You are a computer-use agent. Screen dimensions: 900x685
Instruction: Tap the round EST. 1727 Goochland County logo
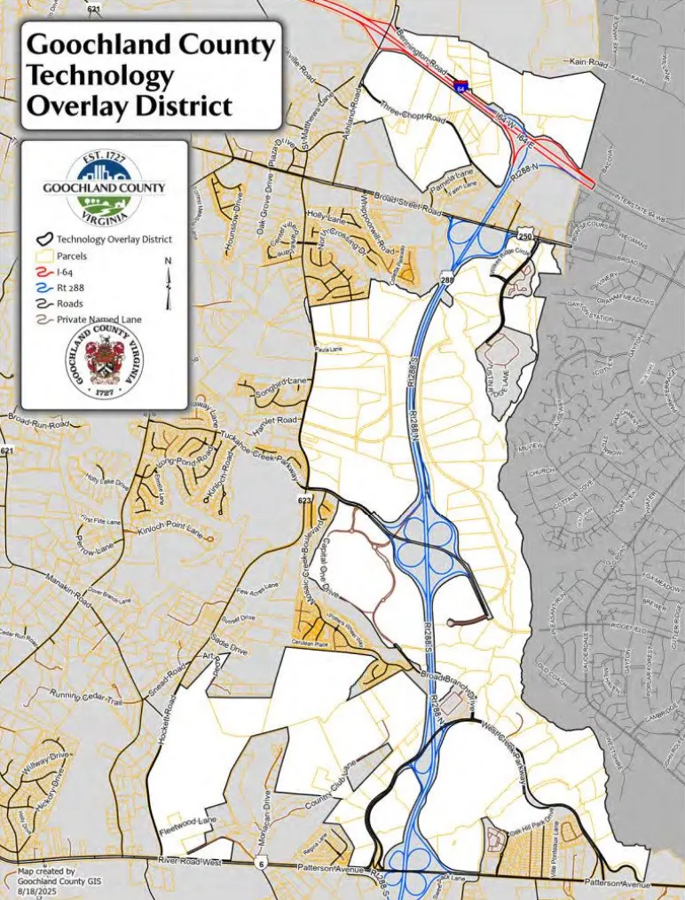point(105,187)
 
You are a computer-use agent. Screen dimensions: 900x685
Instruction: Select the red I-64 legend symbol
point(43,271)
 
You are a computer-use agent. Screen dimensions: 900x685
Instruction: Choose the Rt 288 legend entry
point(71,287)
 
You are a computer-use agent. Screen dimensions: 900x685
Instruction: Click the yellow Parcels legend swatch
point(43,255)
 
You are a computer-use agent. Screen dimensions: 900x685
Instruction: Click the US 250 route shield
point(525,236)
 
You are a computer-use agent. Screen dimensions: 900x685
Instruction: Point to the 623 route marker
point(304,501)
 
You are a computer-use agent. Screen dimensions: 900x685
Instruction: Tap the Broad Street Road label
point(407,204)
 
